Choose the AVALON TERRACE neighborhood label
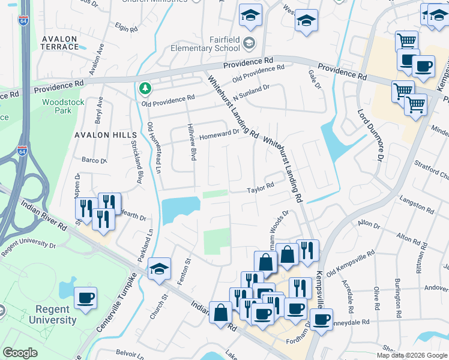click(x=60, y=43)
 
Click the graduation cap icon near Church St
click(x=160, y=269)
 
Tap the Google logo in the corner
click(x=20, y=353)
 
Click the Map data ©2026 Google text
click(x=412, y=355)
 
